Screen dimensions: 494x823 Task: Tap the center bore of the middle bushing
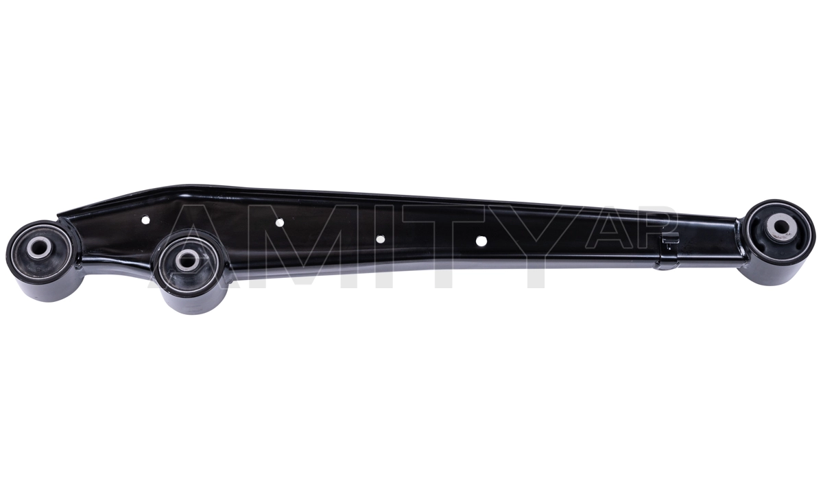(186, 259)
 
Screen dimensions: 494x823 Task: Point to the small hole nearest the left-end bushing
(145, 220)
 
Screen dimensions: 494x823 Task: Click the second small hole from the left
(279, 222)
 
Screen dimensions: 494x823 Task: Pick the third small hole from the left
(381, 239)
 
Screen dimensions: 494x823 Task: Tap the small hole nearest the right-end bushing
(481, 241)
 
